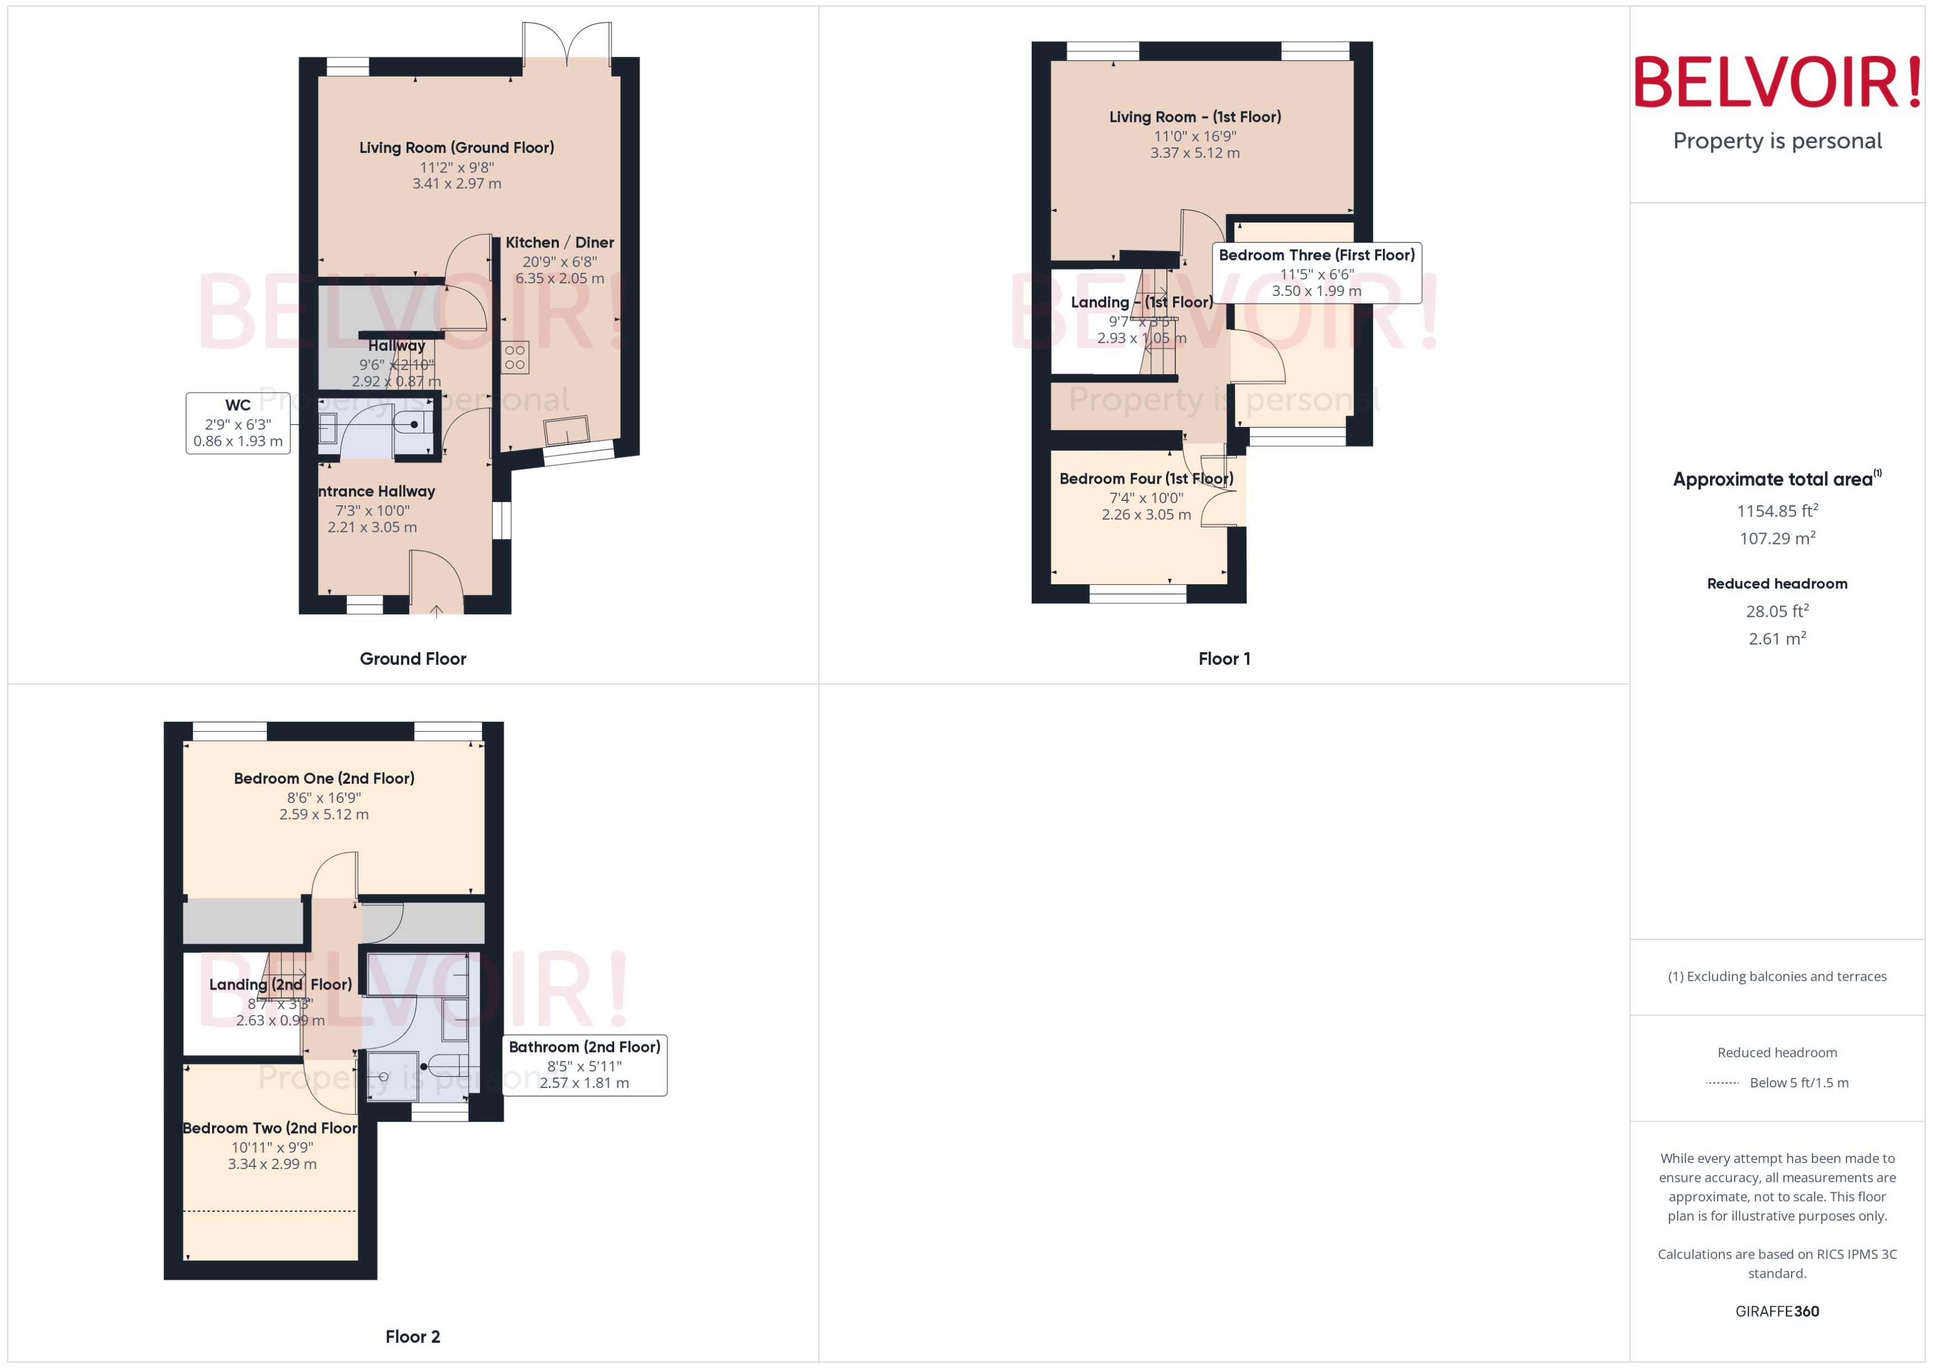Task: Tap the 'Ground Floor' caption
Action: [413, 659]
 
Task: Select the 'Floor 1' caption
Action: [1224, 659]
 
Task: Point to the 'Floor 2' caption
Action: [413, 1336]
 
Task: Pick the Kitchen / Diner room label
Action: [559, 242]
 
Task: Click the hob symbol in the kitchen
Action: [515, 357]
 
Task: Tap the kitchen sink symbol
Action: [567, 430]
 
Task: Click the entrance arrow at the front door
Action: [436, 611]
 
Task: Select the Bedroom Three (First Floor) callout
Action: [1317, 272]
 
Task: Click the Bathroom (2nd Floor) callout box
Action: [584, 1065]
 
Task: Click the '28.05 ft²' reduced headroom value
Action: [1777, 611]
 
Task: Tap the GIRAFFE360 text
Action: [1777, 1311]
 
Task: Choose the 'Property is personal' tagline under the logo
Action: [1777, 141]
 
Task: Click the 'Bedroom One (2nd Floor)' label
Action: [324, 778]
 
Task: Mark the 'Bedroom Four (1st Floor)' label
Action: [1145, 478]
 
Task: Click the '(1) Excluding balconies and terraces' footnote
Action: [1777, 976]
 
